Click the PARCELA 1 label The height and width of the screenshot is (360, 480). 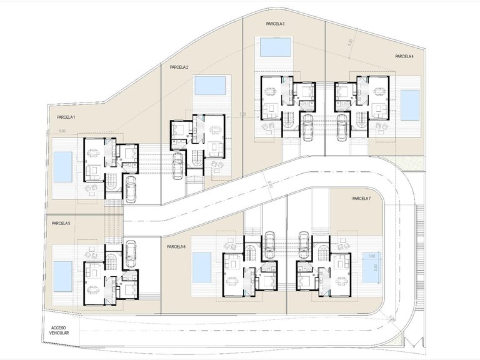[x=66, y=117]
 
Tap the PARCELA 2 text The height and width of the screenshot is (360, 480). [x=179, y=67]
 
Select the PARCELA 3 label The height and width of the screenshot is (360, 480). [x=275, y=24]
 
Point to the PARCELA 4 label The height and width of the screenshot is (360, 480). [x=404, y=56]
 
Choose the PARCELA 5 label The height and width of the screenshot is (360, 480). [x=61, y=223]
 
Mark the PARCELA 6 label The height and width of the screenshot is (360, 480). [x=176, y=247]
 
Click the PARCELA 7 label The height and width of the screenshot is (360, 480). [x=361, y=199]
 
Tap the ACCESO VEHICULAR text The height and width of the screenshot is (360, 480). [x=59, y=330]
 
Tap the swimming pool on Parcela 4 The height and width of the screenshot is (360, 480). [x=409, y=105]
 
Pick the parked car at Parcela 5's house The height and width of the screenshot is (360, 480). [x=131, y=251]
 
